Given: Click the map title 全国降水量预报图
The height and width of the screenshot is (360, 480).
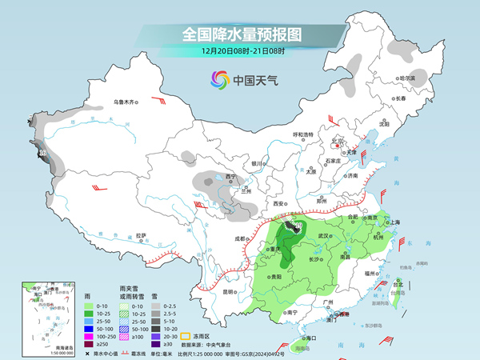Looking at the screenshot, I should click(x=239, y=34).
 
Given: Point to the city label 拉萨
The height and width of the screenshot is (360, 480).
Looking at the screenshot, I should click(x=141, y=235).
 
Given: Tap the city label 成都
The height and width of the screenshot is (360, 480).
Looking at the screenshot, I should click(x=242, y=238).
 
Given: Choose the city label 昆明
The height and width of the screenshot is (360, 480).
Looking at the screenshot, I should click(x=229, y=291).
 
